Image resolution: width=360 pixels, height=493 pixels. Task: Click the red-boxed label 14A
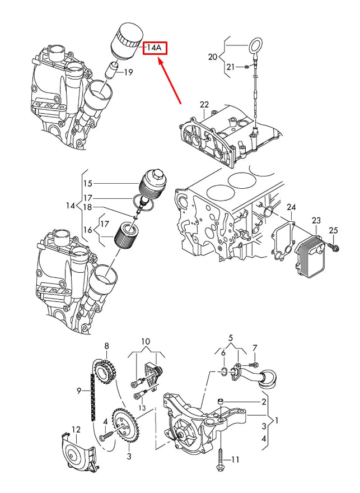[154, 48]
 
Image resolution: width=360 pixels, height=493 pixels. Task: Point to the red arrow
[170, 82]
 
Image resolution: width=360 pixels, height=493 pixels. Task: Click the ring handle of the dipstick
[255, 45]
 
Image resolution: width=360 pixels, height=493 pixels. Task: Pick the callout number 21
[231, 68]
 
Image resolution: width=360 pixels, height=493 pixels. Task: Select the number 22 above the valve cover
[204, 105]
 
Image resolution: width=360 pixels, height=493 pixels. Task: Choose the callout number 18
[87, 207]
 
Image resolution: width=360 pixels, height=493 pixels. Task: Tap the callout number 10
[146, 341]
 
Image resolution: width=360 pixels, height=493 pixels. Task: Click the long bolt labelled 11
[221, 455]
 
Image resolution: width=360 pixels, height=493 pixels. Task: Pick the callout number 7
[255, 348]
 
